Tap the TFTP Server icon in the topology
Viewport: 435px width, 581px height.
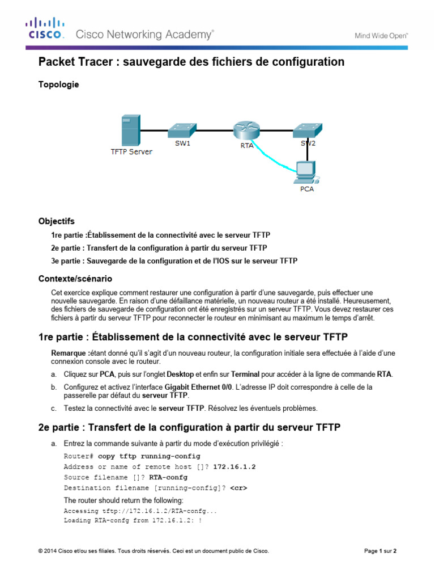[x=130, y=130]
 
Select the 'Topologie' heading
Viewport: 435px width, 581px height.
[x=58, y=85]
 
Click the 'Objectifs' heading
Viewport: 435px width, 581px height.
[x=56, y=221]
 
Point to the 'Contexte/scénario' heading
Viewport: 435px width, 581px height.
[x=75, y=279]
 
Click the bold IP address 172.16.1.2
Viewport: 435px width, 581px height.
[x=234, y=467]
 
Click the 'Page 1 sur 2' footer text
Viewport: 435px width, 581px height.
[x=379, y=551]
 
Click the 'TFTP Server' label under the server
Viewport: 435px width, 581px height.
[x=131, y=152]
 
